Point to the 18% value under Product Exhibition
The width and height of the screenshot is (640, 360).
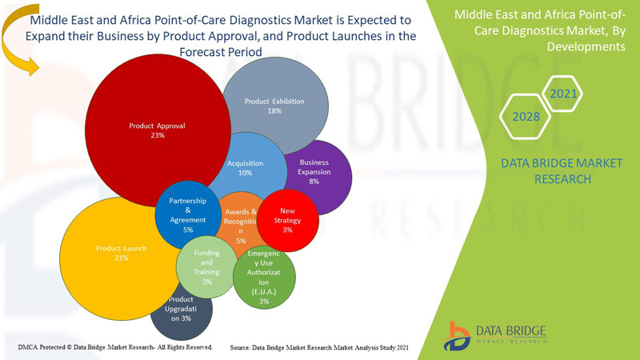274,111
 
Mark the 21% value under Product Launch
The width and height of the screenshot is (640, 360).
121,258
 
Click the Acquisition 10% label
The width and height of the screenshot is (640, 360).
246,168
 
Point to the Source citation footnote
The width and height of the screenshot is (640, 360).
320,348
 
